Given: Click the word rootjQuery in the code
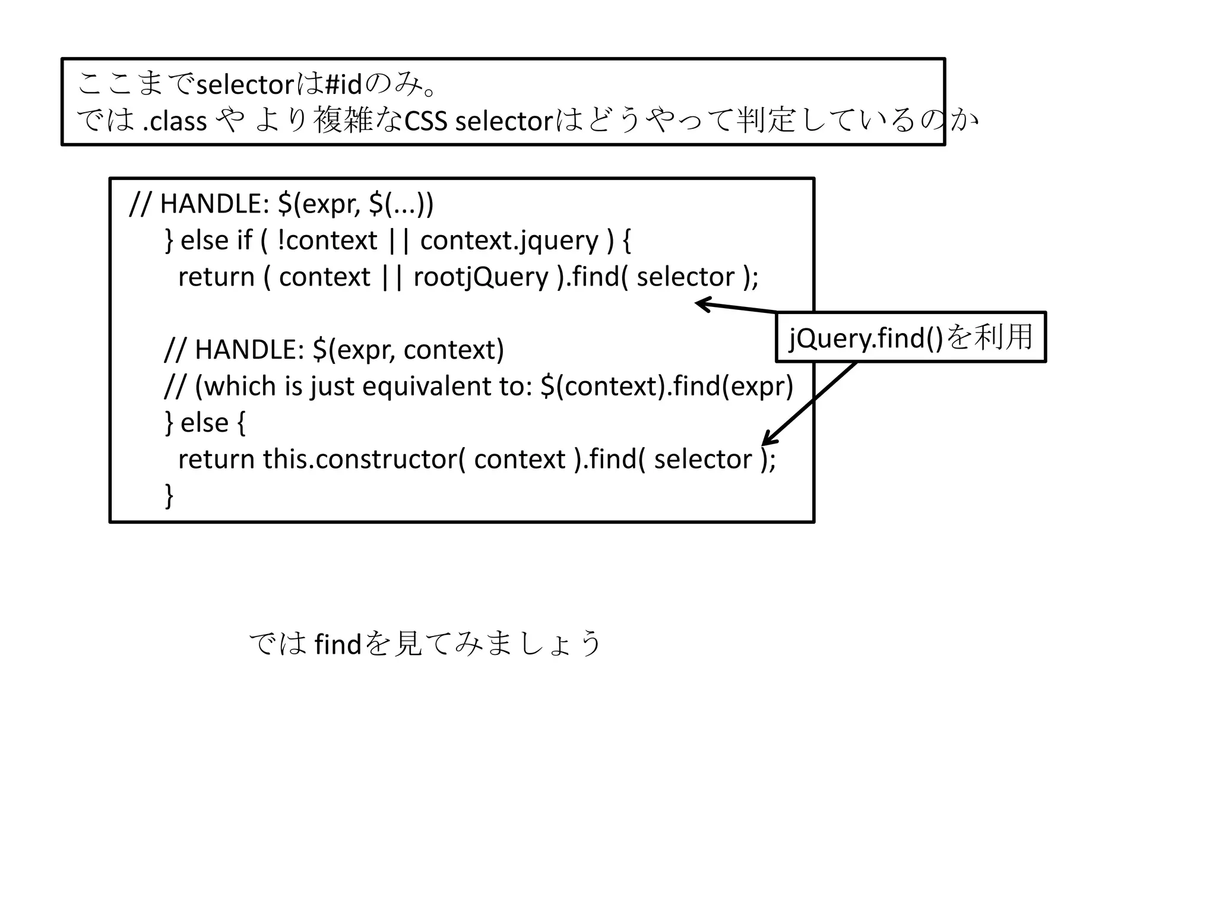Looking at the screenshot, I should pyautogui.click(x=481, y=277).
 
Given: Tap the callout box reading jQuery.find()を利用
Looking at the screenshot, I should pyautogui.click(x=910, y=337).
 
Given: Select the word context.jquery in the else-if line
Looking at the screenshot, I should pyautogui.click(x=509, y=240).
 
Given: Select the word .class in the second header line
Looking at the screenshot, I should pyautogui.click(x=175, y=121).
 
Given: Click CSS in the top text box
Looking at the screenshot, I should pyautogui.click(x=426, y=121).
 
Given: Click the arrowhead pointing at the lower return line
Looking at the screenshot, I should pyautogui.click(x=766, y=441).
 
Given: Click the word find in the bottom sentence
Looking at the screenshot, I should pyautogui.click(x=338, y=644).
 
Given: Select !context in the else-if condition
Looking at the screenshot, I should pyautogui.click(x=327, y=240).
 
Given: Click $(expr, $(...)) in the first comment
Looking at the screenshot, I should pyautogui.click(x=355, y=204).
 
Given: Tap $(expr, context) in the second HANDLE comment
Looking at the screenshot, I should pyautogui.click(x=408, y=350).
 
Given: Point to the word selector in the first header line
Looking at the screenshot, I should pyautogui.click(x=245, y=85).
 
